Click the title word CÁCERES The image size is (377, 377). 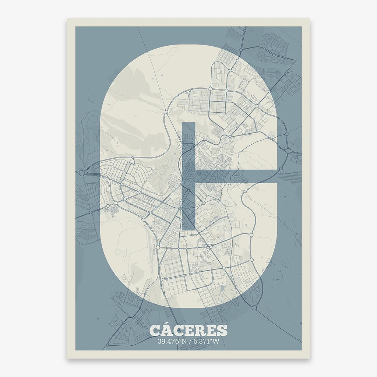coord(188,330)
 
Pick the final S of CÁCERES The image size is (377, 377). coord(222,330)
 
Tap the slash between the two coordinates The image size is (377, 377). coord(188,341)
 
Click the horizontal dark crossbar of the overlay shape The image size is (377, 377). coord(236,176)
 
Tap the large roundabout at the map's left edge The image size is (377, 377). coord(82,173)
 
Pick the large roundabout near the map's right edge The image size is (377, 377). coord(288,151)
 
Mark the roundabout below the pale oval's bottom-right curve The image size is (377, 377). coord(254,307)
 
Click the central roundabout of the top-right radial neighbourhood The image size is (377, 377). coord(274,54)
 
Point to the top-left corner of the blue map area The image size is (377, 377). coord(76,27)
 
